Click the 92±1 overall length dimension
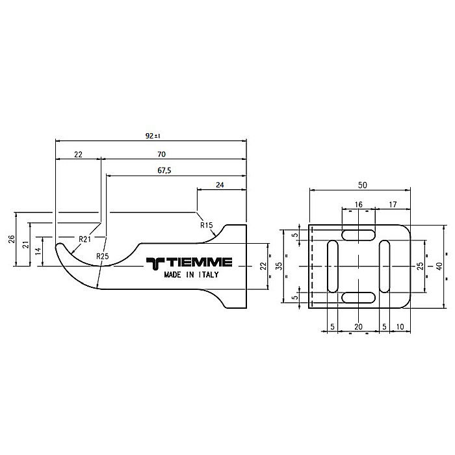[153, 136]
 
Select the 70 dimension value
[161, 154]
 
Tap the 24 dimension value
[220, 185]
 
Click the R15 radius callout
[207, 225]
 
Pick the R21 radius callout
[84, 239]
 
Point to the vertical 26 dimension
[11, 239]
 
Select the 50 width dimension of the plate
[361, 185]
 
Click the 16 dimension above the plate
[359, 204]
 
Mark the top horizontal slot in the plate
[359, 234]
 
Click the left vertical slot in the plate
[333, 266]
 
